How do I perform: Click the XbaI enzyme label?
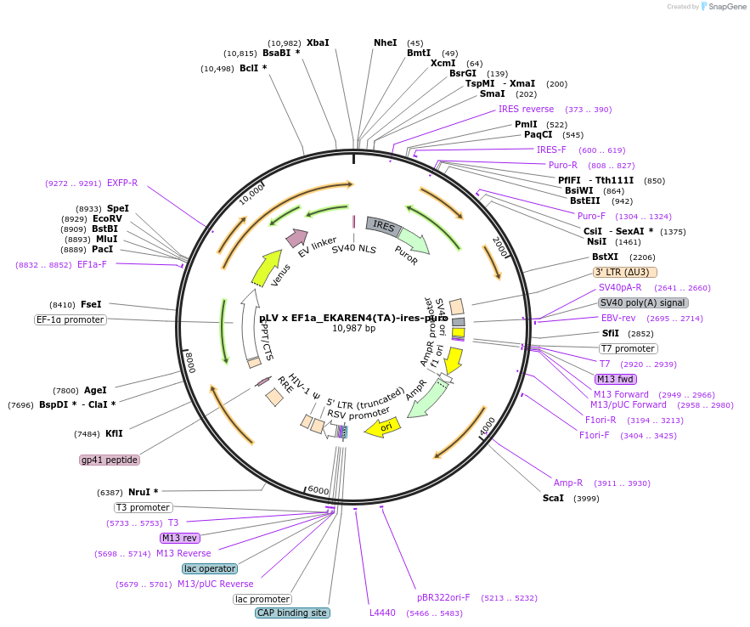[x=318, y=42]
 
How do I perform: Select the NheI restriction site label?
[x=385, y=42]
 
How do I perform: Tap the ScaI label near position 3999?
[x=553, y=498]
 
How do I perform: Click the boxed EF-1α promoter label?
[x=70, y=319]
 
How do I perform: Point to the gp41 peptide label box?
[x=110, y=460]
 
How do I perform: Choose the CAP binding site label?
[x=292, y=613]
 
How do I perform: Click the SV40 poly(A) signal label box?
[x=643, y=302]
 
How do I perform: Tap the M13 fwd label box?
[x=616, y=379]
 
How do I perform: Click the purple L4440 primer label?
[x=382, y=613]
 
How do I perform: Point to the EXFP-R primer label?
[x=122, y=183]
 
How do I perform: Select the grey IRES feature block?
[x=383, y=226]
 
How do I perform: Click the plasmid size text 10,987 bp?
[x=353, y=328]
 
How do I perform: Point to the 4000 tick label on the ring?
[x=487, y=427]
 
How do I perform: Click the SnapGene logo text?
[x=727, y=7]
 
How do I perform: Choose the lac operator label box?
[x=209, y=568]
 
